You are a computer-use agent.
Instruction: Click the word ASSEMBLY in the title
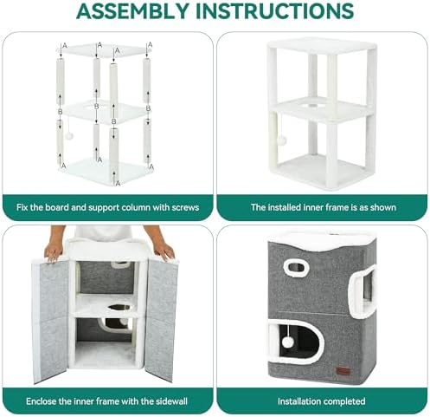[x=133, y=10]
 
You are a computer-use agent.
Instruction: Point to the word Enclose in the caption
[x=41, y=401]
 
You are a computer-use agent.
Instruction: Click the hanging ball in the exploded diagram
[x=69, y=136]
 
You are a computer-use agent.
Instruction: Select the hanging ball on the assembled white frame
[x=282, y=140]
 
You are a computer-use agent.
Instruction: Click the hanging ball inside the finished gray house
[x=287, y=342]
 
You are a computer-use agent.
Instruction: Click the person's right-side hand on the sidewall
[x=164, y=251]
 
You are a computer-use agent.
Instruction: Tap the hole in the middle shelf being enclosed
[x=119, y=307]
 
